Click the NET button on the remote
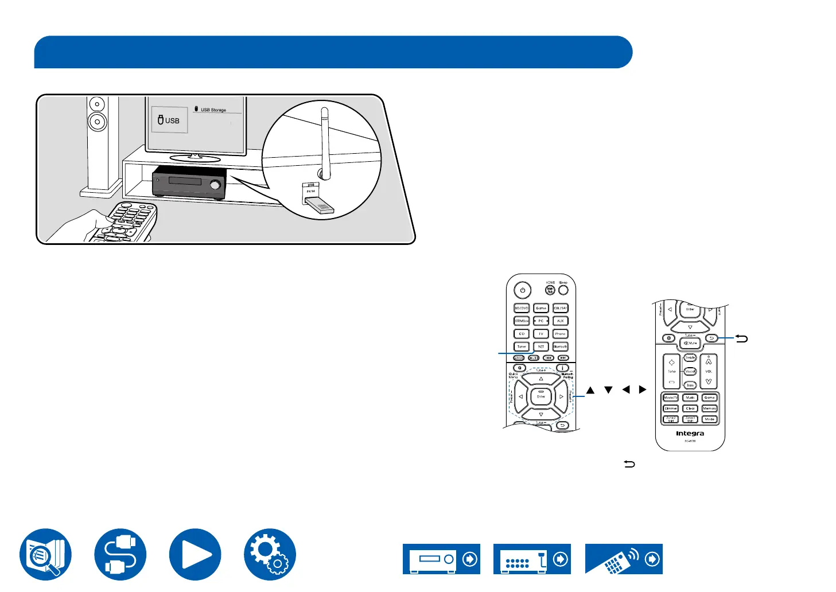tap(541, 346)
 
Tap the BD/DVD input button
tap(522, 308)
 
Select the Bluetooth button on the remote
tap(560, 346)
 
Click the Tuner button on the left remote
tap(522, 346)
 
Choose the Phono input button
tap(560, 333)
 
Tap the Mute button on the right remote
tap(690, 343)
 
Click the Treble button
tap(690, 357)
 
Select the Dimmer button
tap(671, 408)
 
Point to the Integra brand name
tap(690, 434)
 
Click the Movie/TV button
tap(671, 398)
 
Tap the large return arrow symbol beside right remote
tap(742, 339)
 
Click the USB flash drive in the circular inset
tap(318, 206)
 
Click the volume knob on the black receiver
tap(216, 185)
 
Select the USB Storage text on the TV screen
tap(213, 110)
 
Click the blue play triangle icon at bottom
tap(195, 555)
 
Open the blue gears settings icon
tap(270, 555)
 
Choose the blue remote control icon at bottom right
tap(624, 559)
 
